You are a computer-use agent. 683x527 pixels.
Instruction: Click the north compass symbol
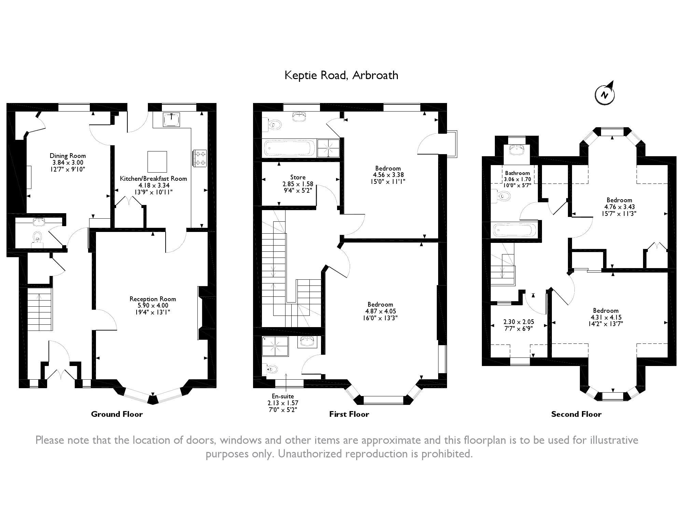tap(605, 94)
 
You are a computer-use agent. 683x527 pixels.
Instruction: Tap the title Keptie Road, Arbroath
tap(341, 75)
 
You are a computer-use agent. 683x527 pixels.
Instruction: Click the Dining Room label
tap(68, 156)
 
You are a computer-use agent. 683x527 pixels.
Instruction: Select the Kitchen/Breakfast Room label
tap(153, 179)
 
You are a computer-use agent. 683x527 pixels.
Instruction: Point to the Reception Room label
tap(153, 299)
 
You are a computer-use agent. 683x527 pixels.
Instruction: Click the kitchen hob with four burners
tap(200, 158)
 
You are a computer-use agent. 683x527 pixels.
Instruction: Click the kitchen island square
tap(157, 162)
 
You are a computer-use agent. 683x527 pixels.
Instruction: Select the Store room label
tap(298, 177)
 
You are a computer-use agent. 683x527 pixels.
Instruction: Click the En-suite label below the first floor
tap(282, 396)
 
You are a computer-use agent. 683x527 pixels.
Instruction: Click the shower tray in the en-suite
tap(275, 346)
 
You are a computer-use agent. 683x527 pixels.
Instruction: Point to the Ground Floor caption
tap(117, 414)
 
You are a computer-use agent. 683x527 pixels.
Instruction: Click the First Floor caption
tap(349, 414)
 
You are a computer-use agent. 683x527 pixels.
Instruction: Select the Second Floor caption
tap(576, 414)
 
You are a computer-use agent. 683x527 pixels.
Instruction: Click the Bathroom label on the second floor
tap(517, 173)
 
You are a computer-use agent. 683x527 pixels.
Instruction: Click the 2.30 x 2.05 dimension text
tap(519, 322)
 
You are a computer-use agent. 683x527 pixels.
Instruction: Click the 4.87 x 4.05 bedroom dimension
tap(380, 311)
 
